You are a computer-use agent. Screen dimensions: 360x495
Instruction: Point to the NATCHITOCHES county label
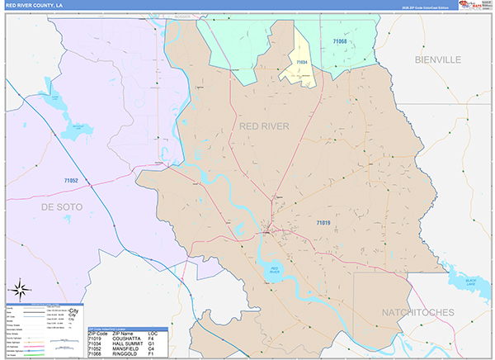pos(418,312)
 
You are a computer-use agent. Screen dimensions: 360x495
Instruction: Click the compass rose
pos(20,290)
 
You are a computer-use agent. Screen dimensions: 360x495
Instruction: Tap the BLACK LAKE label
pos(470,282)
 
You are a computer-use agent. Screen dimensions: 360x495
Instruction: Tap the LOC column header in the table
pos(152,333)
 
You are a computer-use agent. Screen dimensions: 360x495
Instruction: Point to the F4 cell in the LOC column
pos(150,339)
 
